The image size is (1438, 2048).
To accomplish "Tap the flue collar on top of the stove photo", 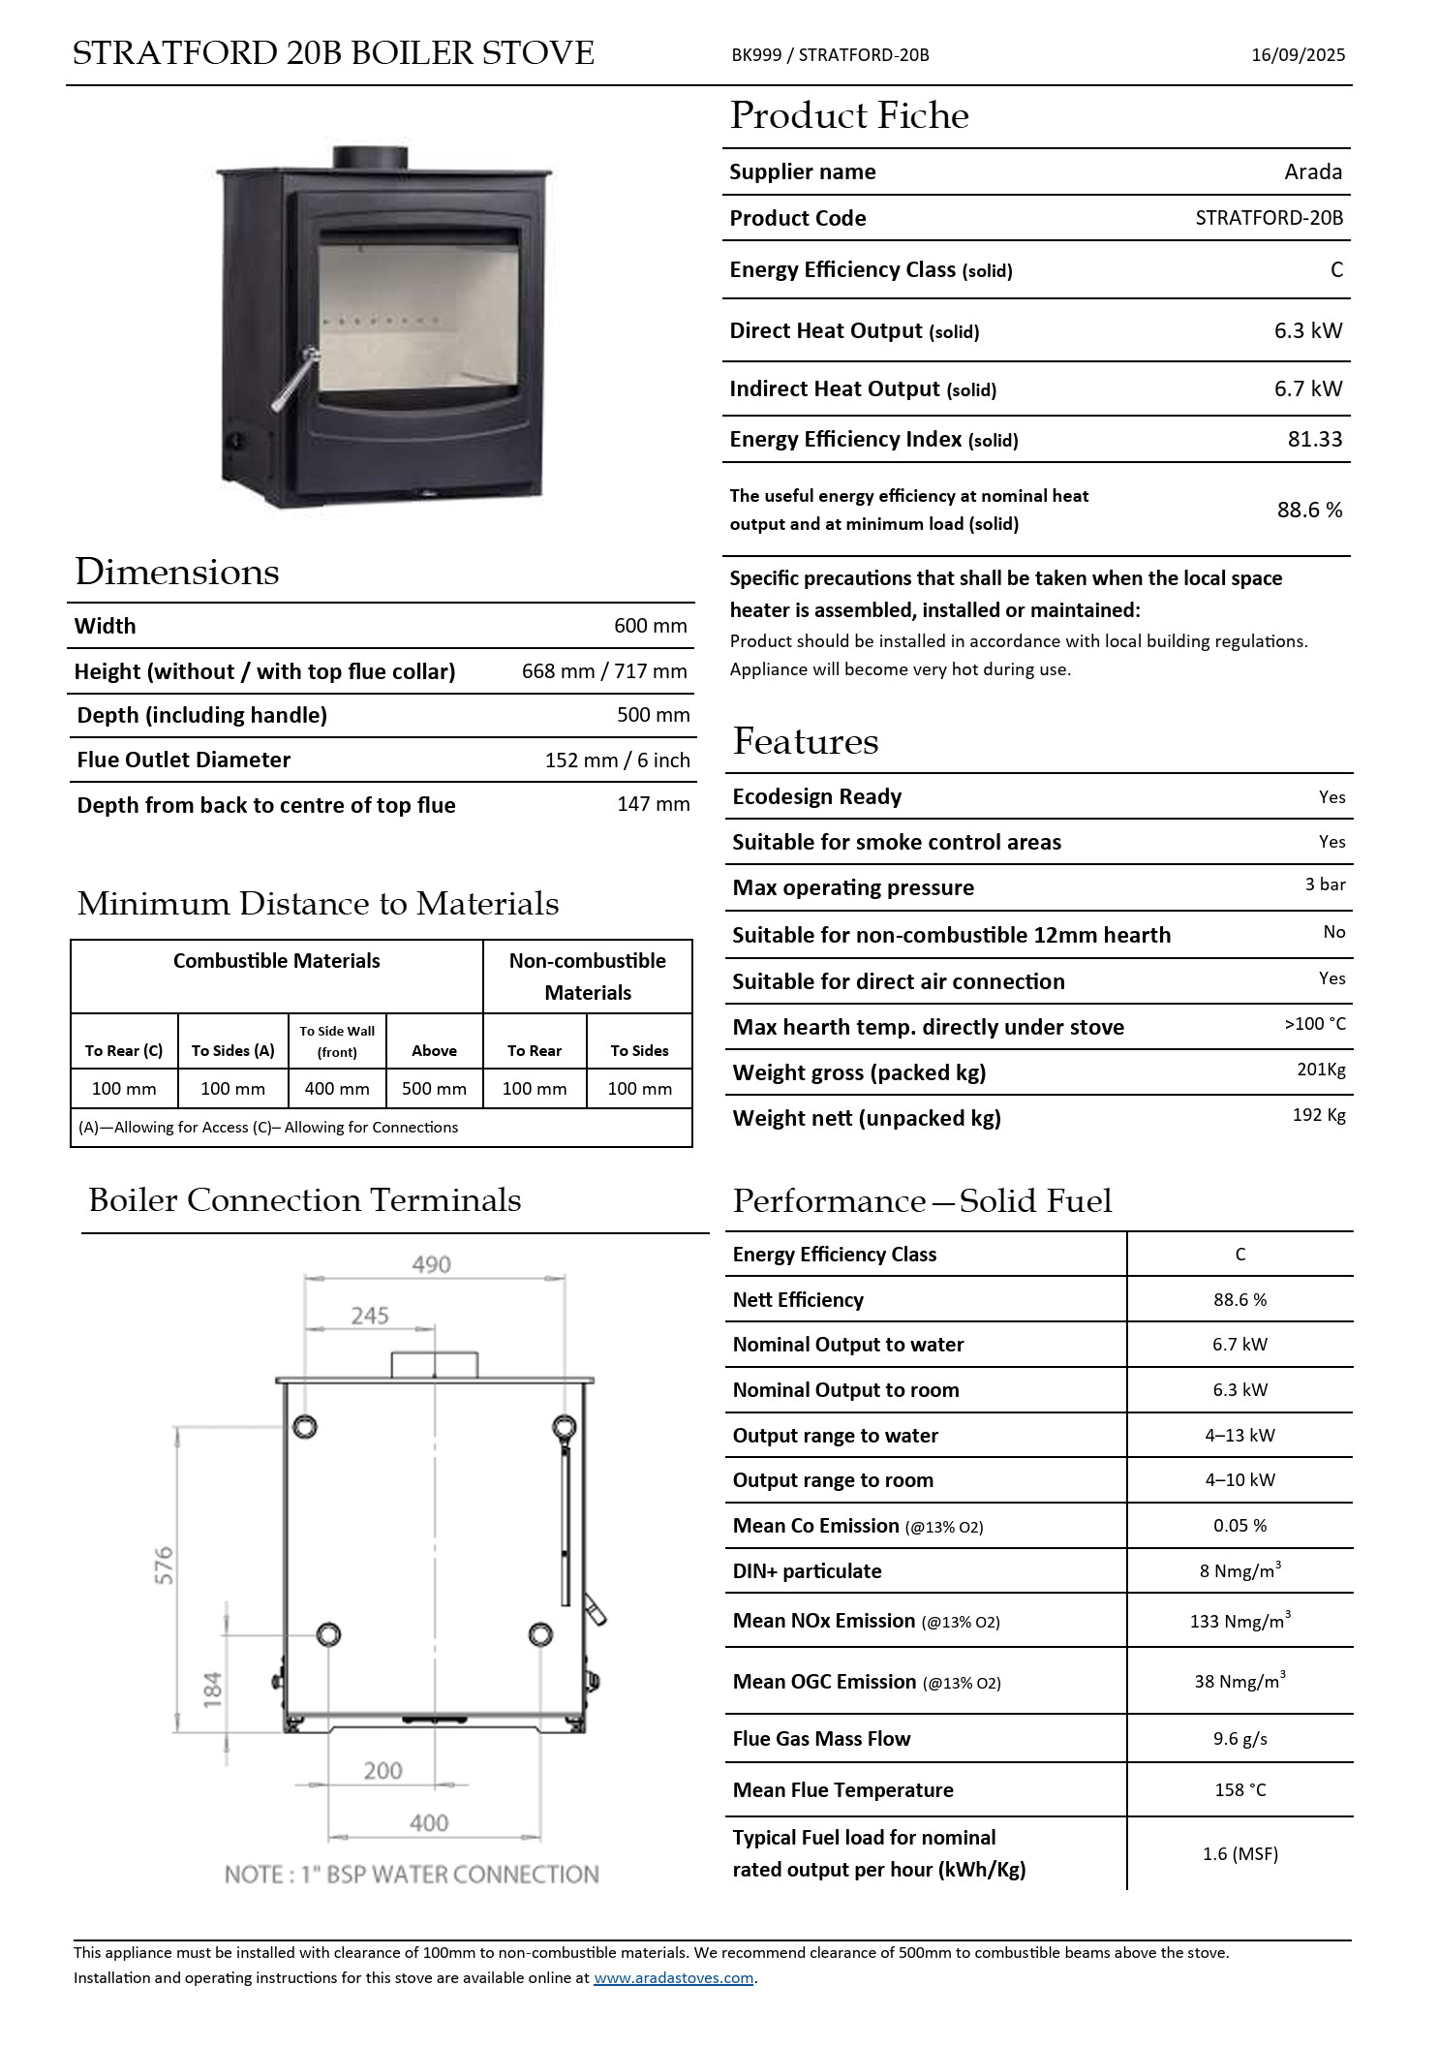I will click(x=370, y=158).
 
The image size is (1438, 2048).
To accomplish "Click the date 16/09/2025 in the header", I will click(x=1298, y=55).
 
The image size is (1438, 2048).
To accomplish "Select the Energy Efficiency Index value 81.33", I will click(x=1314, y=440).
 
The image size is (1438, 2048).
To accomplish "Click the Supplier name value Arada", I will click(x=1312, y=172).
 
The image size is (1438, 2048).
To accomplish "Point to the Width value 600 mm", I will click(x=650, y=626).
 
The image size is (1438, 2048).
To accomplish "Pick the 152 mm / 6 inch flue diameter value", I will click(x=617, y=760).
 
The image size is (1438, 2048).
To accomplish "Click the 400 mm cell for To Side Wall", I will click(x=337, y=1089).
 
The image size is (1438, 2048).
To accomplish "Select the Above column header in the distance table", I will click(x=434, y=1051).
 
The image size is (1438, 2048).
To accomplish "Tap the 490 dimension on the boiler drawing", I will click(x=431, y=1265).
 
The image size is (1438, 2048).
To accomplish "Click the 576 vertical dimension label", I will click(x=165, y=1566).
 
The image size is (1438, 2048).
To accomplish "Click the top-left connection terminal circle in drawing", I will click(x=305, y=1427).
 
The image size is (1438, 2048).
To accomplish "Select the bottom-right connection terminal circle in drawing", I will click(x=540, y=1635).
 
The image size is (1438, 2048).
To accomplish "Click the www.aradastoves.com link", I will click(x=673, y=1978).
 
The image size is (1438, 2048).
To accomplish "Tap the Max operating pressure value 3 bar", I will click(x=1325, y=884).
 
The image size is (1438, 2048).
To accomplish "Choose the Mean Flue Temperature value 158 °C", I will click(x=1239, y=1790).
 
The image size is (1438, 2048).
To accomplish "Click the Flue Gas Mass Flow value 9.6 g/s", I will click(x=1239, y=1739).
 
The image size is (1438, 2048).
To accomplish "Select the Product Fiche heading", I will click(x=849, y=116).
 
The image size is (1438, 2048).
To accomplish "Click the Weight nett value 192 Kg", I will click(x=1318, y=1115).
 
